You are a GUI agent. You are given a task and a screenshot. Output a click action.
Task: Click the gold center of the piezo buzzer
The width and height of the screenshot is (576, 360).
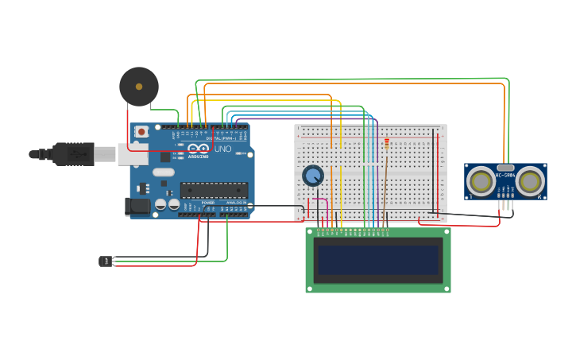[139, 87]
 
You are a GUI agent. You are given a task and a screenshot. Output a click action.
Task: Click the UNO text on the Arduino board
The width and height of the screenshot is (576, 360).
[223, 149]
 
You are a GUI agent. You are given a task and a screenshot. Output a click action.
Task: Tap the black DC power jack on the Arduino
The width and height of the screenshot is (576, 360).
[137, 207]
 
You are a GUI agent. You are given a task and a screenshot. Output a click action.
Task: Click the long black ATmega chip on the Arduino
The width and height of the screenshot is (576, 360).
[214, 190]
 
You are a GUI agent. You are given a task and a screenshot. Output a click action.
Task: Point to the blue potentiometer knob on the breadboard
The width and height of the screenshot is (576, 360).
[313, 176]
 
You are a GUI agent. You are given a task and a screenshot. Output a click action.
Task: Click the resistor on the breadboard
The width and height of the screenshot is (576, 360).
[387, 144]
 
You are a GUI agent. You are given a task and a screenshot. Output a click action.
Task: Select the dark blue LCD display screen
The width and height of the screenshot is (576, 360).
[378, 260]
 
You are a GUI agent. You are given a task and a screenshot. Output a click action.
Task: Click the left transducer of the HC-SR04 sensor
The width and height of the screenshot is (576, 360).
[481, 181]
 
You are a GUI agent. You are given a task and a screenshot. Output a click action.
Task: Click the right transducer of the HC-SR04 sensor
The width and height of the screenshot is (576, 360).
[530, 181]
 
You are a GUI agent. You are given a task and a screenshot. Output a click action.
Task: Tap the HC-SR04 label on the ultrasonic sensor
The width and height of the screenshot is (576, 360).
[505, 175]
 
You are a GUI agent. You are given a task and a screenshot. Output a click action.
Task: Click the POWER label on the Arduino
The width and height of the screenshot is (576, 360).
[207, 203]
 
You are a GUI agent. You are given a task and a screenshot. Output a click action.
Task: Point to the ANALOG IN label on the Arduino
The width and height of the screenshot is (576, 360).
[235, 203]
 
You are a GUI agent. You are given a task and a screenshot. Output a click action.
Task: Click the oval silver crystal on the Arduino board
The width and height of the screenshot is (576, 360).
[164, 172]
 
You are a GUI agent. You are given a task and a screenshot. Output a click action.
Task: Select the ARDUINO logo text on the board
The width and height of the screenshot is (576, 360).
[198, 156]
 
